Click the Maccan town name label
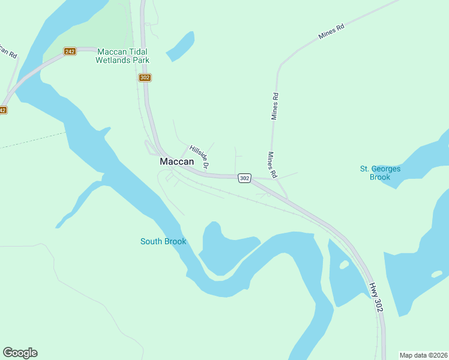click(x=177, y=162)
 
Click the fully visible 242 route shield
click(x=70, y=52)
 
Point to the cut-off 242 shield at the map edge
click(x=2, y=110)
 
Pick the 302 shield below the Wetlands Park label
click(x=145, y=78)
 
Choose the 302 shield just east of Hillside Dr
click(x=244, y=178)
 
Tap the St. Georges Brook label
click(x=380, y=173)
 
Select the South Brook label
click(x=163, y=242)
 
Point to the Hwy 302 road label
click(x=376, y=298)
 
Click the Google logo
click(x=20, y=353)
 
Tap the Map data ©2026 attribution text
click(x=423, y=355)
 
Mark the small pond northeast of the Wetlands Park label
click(x=181, y=46)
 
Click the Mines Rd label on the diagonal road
click(x=331, y=34)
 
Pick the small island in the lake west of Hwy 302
click(x=344, y=265)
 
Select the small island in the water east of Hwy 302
click(x=436, y=274)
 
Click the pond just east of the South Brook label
click(x=225, y=246)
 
